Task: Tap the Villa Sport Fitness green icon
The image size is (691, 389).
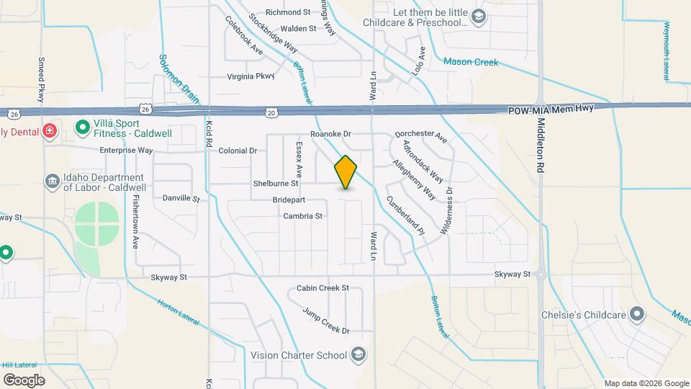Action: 82,129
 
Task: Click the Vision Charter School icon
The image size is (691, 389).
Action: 358,354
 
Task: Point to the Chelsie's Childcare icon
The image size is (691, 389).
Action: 636,314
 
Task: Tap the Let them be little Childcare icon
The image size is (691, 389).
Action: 478,16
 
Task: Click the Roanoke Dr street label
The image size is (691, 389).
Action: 330,134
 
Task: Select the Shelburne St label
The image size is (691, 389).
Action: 276,184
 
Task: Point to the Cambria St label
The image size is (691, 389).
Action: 302,215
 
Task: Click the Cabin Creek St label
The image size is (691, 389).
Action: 322,288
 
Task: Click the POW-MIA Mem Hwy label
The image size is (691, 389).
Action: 553,111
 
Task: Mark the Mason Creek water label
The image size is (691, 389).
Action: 471,62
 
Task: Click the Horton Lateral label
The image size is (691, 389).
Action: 177,312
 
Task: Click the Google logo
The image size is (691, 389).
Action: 24,380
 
